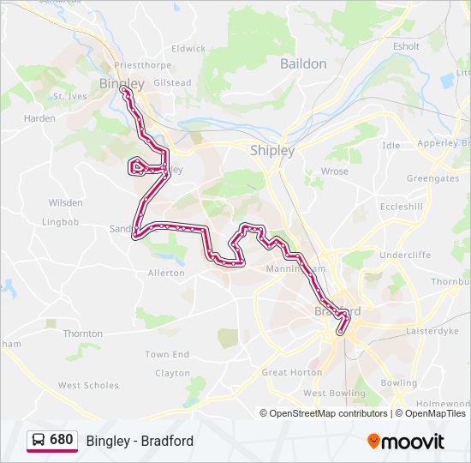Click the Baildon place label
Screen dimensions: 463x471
(x=303, y=63)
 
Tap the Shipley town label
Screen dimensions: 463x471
(x=272, y=150)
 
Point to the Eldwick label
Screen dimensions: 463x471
(x=188, y=49)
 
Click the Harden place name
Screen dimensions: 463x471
(x=40, y=118)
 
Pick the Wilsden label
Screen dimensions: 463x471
(x=66, y=203)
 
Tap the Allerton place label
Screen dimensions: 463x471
(x=166, y=273)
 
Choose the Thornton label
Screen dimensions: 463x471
(x=83, y=334)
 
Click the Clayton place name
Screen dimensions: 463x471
(x=173, y=373)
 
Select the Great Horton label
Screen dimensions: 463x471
(x=292, y=372)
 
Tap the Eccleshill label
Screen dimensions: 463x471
(x=401, y=207)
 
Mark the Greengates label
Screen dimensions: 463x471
(x=432, y=178)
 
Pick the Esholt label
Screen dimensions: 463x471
(x=406, y=46)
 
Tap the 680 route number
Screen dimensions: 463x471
(x=62, y=440)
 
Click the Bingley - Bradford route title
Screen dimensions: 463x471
(x=140, y=441)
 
